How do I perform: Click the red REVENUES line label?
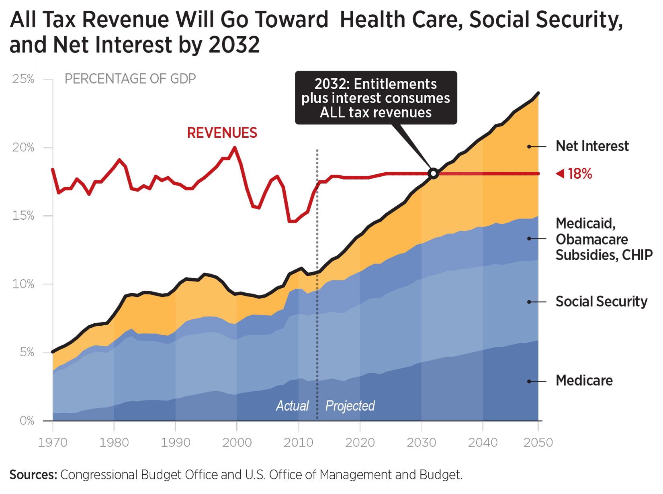pyautogui.click(x=222, y=133)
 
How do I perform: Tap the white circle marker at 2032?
pyautogui.click(x=433, y=174)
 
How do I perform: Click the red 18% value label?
pyautogui.click(x=580, y=174)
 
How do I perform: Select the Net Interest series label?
pyautogui.click(x=592, y=146)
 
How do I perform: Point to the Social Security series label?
pyautogui.click(x=601, y=302)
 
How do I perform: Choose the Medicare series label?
pyautogui.click(x=584, y=381)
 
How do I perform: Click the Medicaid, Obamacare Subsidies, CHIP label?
pyautogui.click(x=604, y=239)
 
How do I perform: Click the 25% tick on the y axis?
pyautogui.click(x=23, y=79)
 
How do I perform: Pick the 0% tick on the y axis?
pyautogui.click(x=27, y=421)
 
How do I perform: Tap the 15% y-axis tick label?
pyautogui.click(x=23, y=216)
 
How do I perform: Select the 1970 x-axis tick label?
pyautogui.click(x=53, y=443)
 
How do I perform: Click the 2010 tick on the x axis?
pyautogui.click(x=298, y=443)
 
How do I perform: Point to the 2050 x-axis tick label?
pyautogui.click(x=538, y=443)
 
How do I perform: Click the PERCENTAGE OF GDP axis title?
pyautogui.click(x=130, y=79)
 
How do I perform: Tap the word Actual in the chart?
pyautogui.click(x=292, y=406)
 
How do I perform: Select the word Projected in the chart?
pyautogui.click(x=350, y=406)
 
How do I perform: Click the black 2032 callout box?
pyautogui.click(x=376, y=98)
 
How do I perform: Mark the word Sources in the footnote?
pyautogui.click(x=33, y=475)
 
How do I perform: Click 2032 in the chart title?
pyautogui.click(x=234, y=45)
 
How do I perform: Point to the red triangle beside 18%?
pyautogui.click(x=560, y=174)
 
